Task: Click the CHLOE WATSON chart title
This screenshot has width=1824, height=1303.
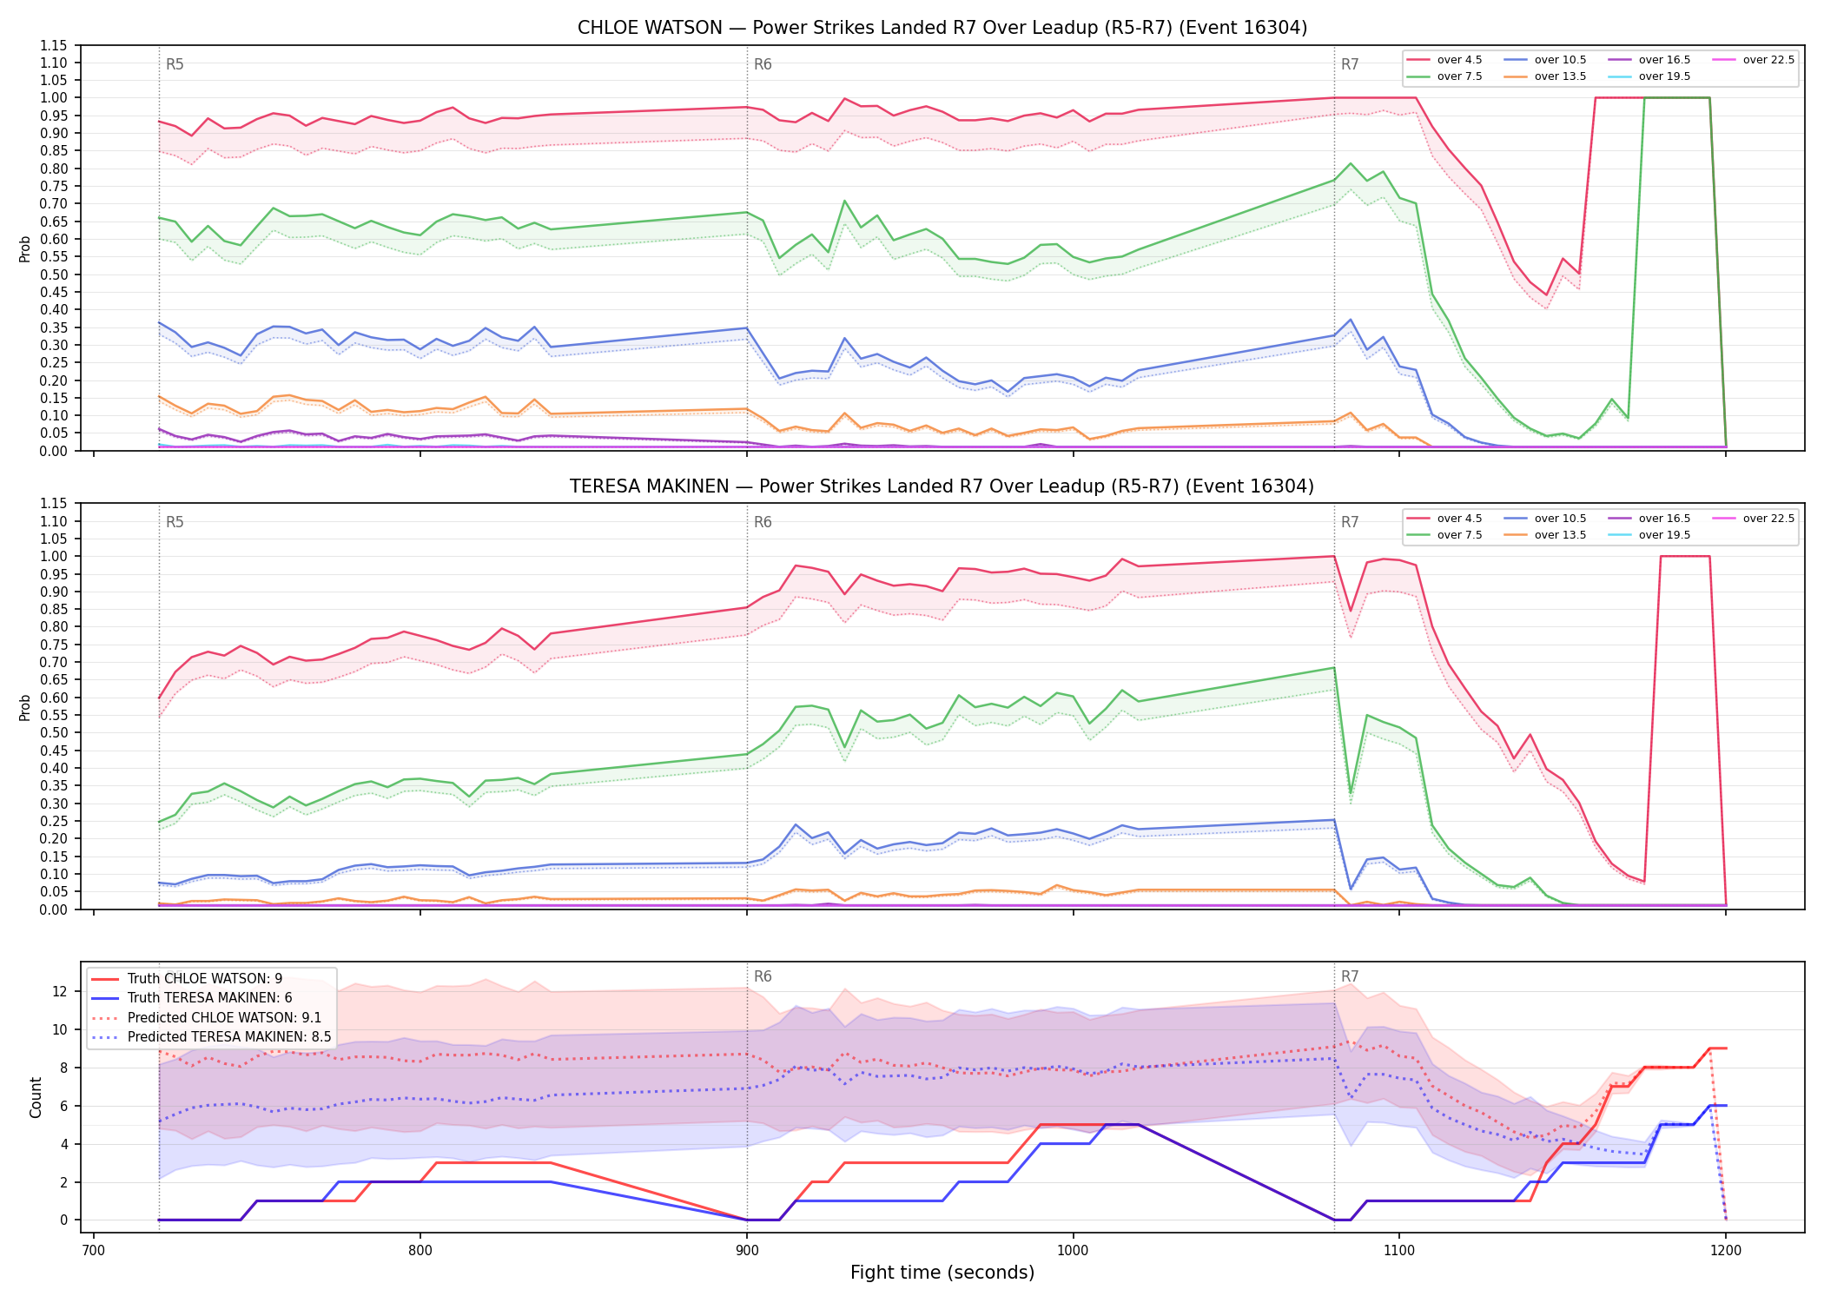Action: pyautogui.click(x=942, y=28)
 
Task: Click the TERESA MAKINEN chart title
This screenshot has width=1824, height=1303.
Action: pyautogui.click(x=942, y=486)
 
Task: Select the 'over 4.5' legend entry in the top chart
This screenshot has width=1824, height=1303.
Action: pyautogui.click(x=1445, y=60)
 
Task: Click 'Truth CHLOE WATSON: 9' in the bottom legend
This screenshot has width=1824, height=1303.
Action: pyautogui.click(x=187, y=979)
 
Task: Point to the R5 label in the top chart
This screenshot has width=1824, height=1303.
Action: pyautogui.click(x=175, y=64)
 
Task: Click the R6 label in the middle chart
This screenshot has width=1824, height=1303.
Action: pyautogui.click(x=763, y=522)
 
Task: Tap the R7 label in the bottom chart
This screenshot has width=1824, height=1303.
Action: pyautogui.click(x=1350, y=976)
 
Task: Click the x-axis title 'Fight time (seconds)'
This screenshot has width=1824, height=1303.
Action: pyautogui.click(x=942, y=1273)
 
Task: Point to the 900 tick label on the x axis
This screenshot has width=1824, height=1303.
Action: pyautogui.click(x=747, y=1251)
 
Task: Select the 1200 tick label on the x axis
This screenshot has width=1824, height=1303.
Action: pyautogui.click(x=1726, y=1251)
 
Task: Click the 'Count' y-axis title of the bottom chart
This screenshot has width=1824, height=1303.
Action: pyautogui.click(x=36, y=1097)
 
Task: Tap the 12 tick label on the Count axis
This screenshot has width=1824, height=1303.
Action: pyautogui.click(x=60, y=991)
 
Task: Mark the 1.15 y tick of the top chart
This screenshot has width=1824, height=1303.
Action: pyautogui.click(x=54, y=45)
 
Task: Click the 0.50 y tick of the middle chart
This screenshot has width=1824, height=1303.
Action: pyautogui.click(x=54, y=732)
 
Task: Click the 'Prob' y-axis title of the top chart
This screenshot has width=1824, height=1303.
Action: pyautogui.click(x=25, y=248)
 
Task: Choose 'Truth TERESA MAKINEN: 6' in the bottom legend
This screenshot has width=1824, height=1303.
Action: pyautogui.click(x=192, y=998)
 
